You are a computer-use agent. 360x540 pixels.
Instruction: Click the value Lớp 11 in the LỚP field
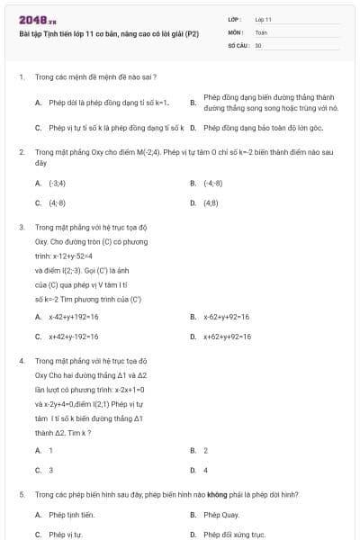[264, 19]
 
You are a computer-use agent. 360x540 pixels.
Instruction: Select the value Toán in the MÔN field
[262, 31]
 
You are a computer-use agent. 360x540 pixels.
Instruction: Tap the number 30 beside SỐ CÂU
[258, 44]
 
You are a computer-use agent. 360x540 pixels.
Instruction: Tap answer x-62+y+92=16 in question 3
[226, 317]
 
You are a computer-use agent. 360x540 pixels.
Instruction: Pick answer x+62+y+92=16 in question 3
[227, 337]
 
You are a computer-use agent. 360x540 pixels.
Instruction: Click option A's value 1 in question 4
[50, 450]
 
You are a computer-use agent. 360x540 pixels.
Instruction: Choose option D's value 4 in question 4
[205, 470]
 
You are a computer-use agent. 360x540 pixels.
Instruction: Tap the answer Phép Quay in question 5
[221, 515]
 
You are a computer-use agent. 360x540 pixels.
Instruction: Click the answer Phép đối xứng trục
[234, 535]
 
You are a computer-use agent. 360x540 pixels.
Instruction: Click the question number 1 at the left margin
[21, 77]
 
